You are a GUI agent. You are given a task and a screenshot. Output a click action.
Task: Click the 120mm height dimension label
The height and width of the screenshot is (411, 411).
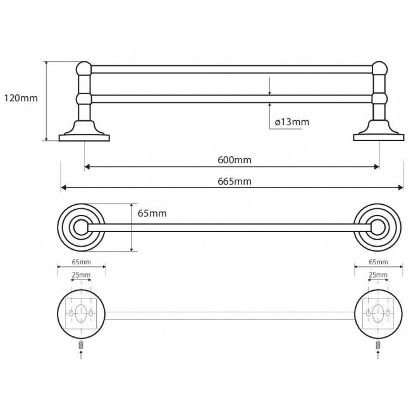click(x=21, y=98)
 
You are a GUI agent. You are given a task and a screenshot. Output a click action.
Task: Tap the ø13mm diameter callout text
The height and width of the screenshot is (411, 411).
click(x=292, y=122)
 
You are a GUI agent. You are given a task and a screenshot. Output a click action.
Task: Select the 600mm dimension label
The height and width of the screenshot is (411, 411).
click(x=235, y=159)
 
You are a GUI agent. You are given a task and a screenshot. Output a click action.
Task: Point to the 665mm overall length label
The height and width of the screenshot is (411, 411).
click(x=235, y=181)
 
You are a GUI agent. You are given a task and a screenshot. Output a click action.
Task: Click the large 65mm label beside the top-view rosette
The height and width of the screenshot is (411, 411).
click(x=152, y=213)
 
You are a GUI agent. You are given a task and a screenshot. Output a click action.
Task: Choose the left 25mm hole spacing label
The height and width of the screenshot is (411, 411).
click(x=81, y=275)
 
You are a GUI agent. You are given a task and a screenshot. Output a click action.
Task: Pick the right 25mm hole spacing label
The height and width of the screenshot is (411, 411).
click(x=378, y=275)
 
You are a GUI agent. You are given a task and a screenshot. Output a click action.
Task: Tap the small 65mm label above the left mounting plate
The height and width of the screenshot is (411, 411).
click(x=82, y=262)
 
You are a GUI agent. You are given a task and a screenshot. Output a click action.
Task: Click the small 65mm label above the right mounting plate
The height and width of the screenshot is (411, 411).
click(x=378, y=262)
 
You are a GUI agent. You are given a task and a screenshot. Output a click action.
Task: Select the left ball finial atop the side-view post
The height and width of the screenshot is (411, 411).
click(x=84, y=69)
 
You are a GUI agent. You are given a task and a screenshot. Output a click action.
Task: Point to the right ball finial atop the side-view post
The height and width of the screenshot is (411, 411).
click(x=380, y=69)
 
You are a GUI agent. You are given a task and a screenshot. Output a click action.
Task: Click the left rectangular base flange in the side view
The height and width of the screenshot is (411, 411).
click(x=84, y=138)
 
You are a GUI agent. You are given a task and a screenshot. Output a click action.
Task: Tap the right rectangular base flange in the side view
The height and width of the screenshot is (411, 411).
click(x=379, y=138)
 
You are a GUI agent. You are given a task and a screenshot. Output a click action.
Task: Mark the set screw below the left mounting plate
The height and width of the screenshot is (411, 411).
click(x=81, y=345)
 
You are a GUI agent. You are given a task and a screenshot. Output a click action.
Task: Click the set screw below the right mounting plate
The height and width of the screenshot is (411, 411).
click(x=378, y=345)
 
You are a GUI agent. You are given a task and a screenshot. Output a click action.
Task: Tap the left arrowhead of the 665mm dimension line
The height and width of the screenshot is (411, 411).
click(x=63, y=187)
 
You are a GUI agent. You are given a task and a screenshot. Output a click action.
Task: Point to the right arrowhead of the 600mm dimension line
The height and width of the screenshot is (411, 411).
click(x=377, y=167)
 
